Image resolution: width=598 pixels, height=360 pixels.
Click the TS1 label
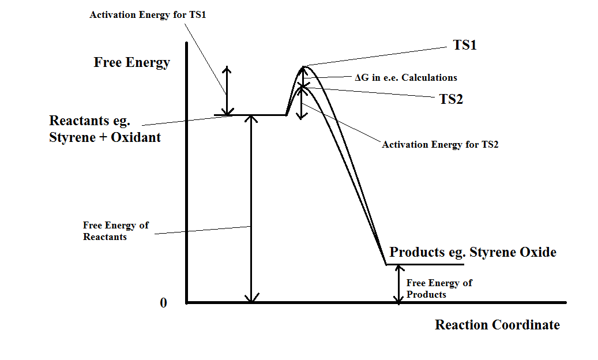tap(464, 45)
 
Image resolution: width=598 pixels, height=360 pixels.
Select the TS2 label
tap(451, 99)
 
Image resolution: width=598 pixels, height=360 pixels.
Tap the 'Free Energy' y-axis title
tap(131, 62)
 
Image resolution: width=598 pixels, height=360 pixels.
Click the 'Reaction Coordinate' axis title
tap(497, 325)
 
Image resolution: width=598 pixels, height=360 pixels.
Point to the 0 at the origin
tap(163, 303)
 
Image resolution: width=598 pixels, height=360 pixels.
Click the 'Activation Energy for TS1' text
tap(148, 14)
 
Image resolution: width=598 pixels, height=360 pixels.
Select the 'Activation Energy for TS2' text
tap(439, 144)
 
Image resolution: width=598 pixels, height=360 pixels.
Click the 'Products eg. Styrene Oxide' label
tap(473, 252)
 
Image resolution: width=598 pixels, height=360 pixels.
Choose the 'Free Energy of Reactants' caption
tap(115, 231)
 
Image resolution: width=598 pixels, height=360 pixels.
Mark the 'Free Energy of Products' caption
tap(439, 288)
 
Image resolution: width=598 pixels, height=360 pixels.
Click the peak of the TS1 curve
tap(304, 67)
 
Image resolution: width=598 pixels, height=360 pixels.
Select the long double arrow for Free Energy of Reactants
tap(251, 208)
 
